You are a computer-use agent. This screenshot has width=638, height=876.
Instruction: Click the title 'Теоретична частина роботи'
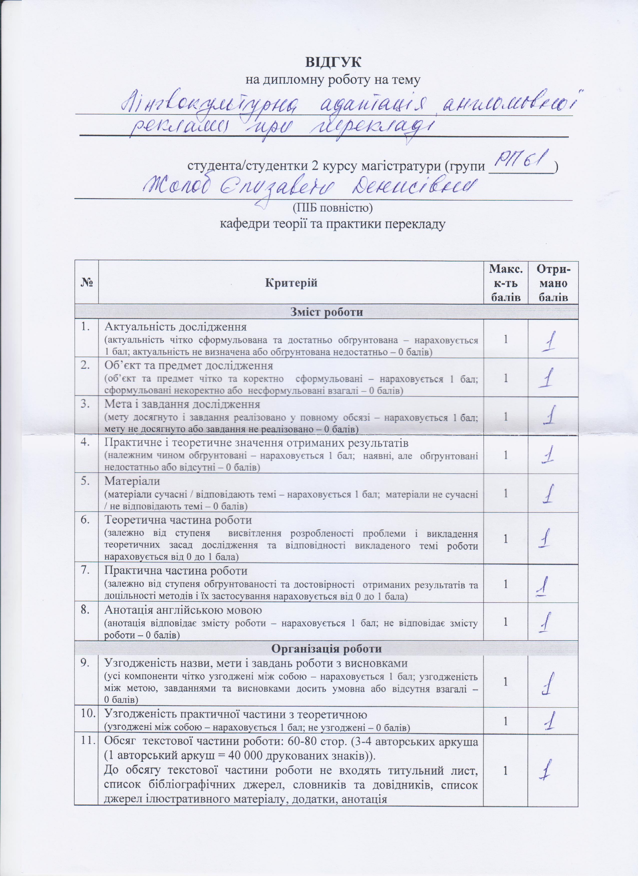(178, 520)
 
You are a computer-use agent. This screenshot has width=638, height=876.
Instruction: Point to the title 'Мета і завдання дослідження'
(182, 404)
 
